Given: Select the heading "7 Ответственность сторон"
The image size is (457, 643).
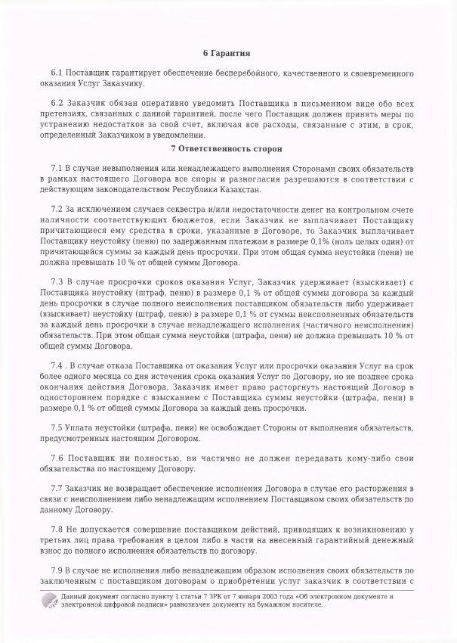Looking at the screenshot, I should tap(228, 147).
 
